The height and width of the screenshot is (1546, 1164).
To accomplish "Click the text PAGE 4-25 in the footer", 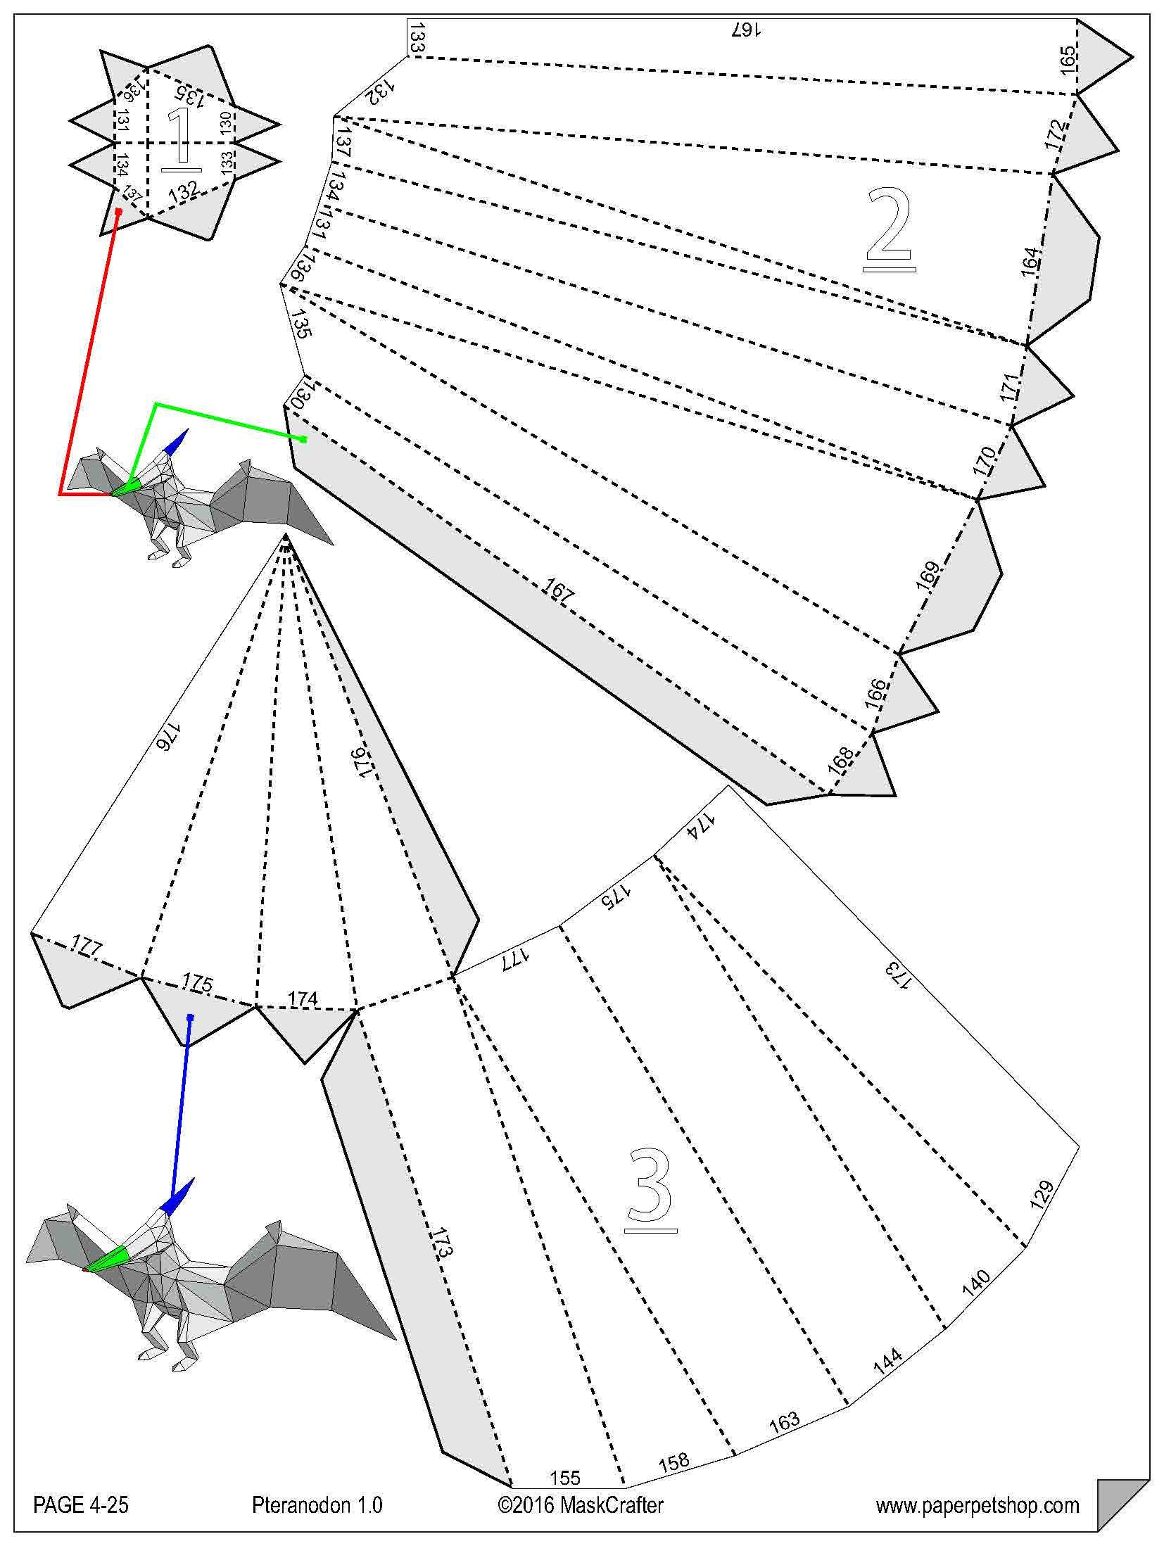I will click(81, 1505).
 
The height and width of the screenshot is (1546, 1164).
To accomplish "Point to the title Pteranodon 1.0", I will click(317, 1505).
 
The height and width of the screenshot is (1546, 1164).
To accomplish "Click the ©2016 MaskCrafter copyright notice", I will click(580, 1505).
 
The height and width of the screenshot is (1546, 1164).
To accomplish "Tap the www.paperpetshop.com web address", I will click(977, 1505).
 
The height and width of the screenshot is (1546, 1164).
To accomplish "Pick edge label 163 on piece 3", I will click(784, 1421).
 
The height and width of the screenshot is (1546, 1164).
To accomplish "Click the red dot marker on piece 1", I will click(119, 210).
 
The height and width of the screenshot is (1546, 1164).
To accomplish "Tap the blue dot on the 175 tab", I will click(190, 1017).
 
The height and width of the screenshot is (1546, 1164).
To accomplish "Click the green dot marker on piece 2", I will click(303, 439).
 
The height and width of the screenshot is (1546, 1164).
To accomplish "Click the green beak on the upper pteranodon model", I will click(125, 489).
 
